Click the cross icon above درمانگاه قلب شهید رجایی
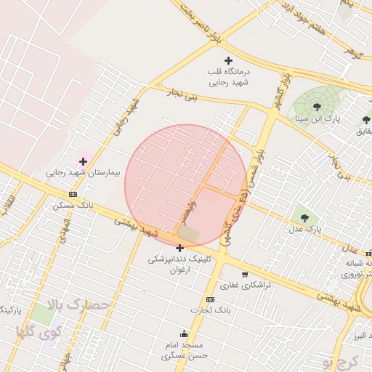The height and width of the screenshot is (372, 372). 229,60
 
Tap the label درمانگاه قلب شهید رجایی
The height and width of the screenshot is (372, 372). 230,78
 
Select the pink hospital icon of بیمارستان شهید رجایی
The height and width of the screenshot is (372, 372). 83,161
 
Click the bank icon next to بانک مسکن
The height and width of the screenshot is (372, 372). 73,194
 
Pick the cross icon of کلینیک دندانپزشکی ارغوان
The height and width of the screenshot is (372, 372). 179,248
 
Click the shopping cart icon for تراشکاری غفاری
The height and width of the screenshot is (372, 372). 245,274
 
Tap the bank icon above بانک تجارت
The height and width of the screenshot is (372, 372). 210,299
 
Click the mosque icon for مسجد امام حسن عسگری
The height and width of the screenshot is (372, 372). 184,333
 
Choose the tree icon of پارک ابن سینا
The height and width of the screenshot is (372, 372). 317,106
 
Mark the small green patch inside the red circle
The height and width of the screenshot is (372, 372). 188,233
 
